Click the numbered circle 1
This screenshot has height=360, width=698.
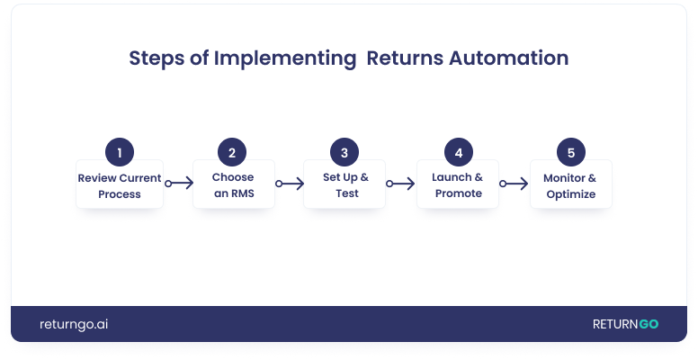pos(120,152)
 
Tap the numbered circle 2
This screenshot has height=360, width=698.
pos(232,152)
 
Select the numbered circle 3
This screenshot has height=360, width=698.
pos(345,152)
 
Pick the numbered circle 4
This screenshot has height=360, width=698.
pos(459,152)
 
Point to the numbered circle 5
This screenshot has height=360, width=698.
pos(570,152)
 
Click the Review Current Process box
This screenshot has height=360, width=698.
pos(120,185)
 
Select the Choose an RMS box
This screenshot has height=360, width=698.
pos(233,185)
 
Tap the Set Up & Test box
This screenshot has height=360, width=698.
pos(345,185)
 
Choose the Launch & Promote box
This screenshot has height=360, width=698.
pos(459,185)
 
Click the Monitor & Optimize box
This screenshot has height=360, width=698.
pos(571,185)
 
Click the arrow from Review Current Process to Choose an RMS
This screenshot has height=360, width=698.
pos(179,184)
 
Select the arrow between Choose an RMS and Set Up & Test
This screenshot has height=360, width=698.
pos(291,184)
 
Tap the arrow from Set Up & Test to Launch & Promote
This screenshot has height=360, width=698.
pos(401,184)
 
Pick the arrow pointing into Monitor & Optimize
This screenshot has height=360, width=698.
pos(515,184)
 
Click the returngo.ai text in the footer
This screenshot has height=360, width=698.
pos(74,324)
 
